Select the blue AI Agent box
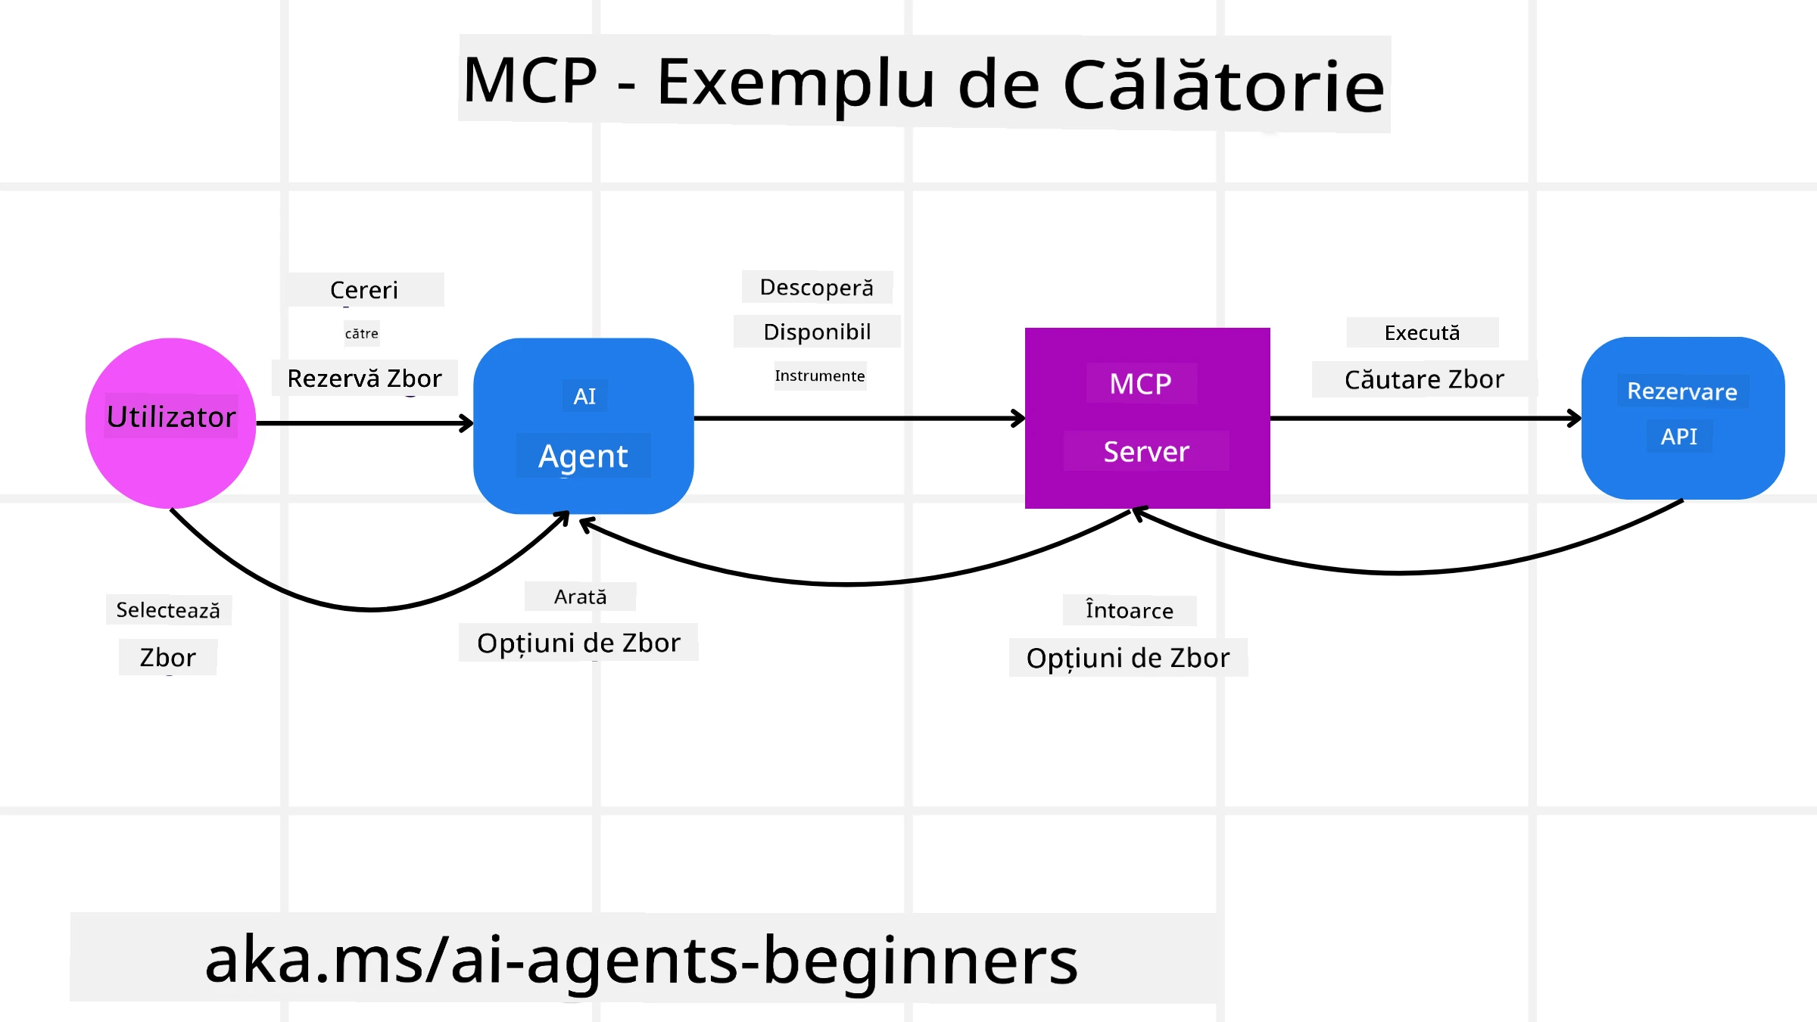583,425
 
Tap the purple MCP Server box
1147,418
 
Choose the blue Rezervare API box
1682,418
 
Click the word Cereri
364,290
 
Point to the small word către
362,334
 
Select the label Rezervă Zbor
364,379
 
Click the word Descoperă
816,288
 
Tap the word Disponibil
817,332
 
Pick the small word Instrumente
819,376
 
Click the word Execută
1422,333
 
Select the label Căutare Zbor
1424,379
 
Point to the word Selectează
168,610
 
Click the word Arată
580,597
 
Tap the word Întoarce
1129,611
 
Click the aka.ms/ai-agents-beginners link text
641,960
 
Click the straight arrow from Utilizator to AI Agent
363,423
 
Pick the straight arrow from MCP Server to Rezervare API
1423,418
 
